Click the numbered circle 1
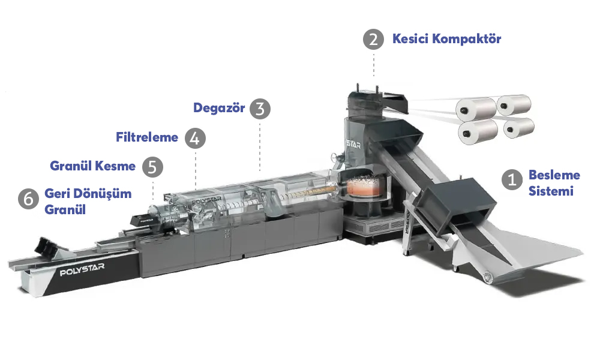point(512,179)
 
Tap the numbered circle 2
point(373,39)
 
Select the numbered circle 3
point(260,109)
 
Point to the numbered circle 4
point(195,138)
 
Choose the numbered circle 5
point(152,167)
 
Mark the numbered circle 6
point(28,199)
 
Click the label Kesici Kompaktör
point(446,38)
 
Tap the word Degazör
point(219,108)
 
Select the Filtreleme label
point(147,137)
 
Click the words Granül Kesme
point(92,166)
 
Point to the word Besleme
point(554,175)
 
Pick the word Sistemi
point(551,191)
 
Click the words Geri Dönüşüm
point(88,194)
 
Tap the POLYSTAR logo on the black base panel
point(82,269)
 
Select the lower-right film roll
point(518,128)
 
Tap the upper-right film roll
point(514,105)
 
